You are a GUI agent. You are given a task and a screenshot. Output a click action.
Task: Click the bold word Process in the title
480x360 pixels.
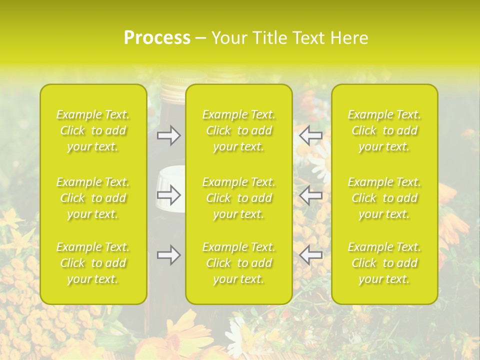coord(157,37)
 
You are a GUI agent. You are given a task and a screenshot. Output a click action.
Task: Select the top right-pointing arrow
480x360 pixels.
coord(169,135)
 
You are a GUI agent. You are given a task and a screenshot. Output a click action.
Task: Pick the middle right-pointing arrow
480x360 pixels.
coord(169,195)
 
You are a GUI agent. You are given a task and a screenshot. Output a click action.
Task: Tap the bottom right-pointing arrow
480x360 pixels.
coord(169,255)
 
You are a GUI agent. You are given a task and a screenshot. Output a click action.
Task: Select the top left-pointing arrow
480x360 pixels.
coord(310,135)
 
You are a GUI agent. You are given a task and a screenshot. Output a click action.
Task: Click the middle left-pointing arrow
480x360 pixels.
coord(310,195)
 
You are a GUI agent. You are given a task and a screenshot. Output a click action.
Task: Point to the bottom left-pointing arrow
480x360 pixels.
coord(310,255)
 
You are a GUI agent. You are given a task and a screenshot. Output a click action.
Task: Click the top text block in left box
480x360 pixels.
coord(93,130)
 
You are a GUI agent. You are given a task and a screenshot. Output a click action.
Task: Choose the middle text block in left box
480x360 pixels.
coord(93,198)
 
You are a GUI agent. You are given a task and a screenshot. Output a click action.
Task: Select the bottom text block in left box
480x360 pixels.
coord(93,263)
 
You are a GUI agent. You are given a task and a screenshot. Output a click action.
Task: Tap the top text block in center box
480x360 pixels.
coord(239,130)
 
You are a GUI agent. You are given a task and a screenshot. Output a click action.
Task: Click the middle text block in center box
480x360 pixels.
coord(239,198)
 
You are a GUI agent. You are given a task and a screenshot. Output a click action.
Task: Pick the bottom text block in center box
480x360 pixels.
coord(239,263)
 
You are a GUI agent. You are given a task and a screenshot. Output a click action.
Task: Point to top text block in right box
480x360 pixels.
coord(384,130)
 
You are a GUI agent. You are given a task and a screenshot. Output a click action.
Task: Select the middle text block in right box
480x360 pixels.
coord(384,198)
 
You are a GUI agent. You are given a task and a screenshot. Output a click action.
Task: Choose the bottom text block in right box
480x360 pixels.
coord(384,263)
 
